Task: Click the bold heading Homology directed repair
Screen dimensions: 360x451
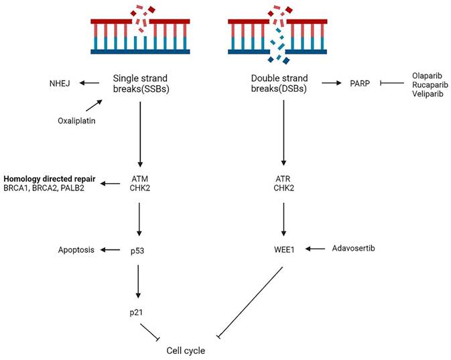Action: (x=48, y=178)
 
